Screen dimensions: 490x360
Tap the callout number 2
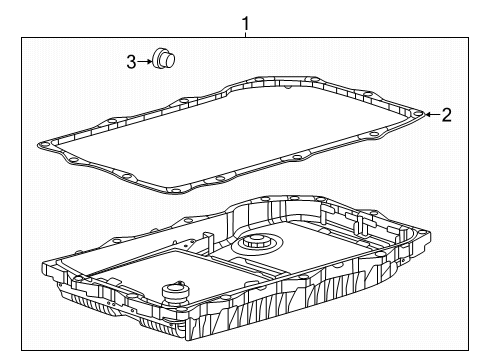tap(446, 114)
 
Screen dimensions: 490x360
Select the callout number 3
tap(130, 62)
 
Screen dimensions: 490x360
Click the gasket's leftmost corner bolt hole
tap(43, 145)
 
